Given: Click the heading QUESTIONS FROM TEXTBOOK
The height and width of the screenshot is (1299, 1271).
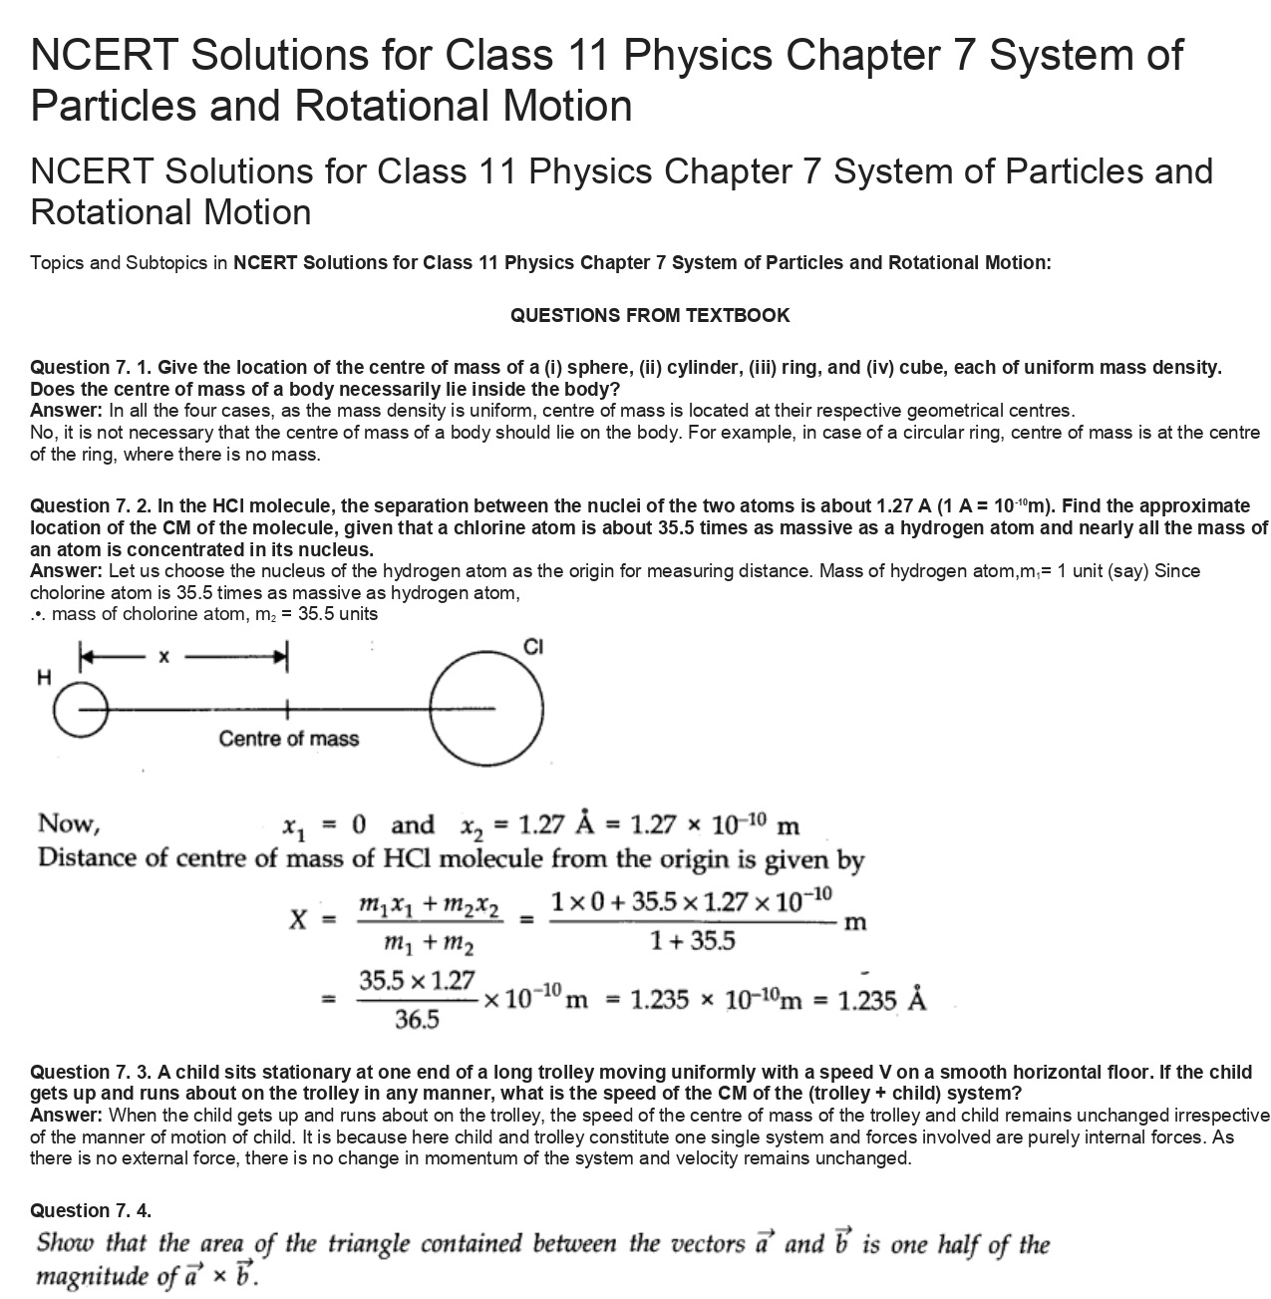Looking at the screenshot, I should [x=649, y=315].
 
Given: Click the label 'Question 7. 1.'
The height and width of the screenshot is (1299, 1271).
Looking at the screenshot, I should [x=91, y=367].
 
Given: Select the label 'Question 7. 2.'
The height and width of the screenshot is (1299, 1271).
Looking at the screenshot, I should [x=91, y=505].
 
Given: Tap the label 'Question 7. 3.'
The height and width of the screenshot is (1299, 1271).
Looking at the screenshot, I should [x=91, y=1072].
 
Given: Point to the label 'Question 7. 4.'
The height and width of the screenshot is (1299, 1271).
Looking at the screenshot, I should [x=91, y=1210].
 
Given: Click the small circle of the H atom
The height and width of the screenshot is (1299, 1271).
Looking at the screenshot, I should [x=74, y=709].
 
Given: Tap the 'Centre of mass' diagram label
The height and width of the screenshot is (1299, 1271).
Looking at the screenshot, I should [x=288, y=739].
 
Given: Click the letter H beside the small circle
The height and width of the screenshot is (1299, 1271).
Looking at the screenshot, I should [x=43, y=678].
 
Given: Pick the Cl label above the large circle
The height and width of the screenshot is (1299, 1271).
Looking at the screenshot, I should [x=533, y=647].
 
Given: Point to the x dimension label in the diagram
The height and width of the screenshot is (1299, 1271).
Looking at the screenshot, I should [x=164, y=656].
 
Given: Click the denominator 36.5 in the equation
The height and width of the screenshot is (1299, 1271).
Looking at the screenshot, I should [x=417, y=1019].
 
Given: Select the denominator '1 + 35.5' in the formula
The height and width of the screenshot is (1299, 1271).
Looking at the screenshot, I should [x=692, y=940].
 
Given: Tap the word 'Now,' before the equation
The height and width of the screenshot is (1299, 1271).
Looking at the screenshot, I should [x=68, y=823].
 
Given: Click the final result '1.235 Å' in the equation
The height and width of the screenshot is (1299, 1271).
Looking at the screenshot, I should [x=881, y=1000].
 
